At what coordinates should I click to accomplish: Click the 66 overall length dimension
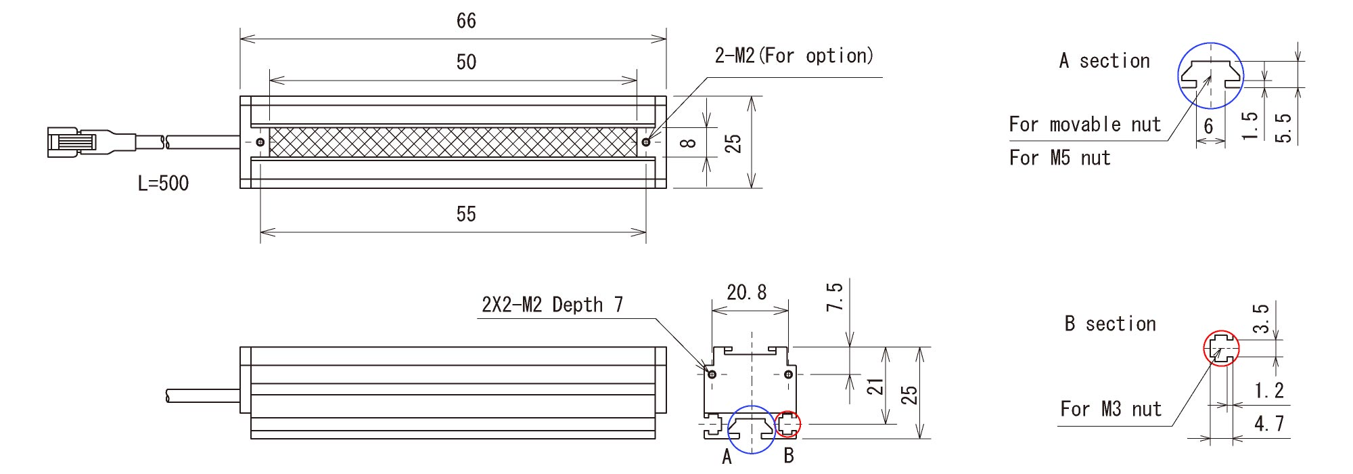point(466,21)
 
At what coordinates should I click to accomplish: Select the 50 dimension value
point(466,62)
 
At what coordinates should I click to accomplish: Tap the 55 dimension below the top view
point(466,215)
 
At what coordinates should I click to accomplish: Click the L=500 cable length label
point(163,184)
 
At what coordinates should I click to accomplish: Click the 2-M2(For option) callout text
point(794,56)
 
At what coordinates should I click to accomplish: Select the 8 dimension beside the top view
point(688,143)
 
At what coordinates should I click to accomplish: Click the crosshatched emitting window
point(453,142)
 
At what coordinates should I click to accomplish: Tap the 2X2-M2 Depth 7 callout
point(552,305)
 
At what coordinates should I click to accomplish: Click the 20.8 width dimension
point(747,293)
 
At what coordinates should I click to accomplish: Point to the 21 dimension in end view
point(876,387)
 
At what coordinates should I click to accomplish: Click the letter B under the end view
point(788,456)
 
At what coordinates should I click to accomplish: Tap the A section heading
point(1104,61)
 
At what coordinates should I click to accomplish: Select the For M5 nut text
point(1059,158)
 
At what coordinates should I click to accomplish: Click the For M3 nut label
point(1110,409)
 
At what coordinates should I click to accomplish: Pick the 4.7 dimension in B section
point(1268,424)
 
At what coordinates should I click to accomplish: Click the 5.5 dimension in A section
point(1283,128)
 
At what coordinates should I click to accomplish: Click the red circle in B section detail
point(1221,349)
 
